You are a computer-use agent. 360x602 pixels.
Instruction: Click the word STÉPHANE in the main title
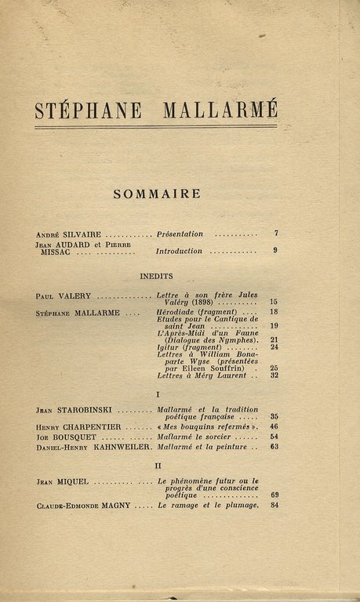click(x=88, y=111)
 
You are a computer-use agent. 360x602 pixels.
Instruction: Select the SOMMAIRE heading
click(x=157, y=194)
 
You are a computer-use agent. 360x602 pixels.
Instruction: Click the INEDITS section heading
click(x=157, y=276)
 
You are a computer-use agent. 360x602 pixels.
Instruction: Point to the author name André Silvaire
click(x=69, y=234)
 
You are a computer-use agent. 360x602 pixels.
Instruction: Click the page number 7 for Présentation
click(x=275, y=234)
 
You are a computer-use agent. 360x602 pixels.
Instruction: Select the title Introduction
click(x=179, y=252)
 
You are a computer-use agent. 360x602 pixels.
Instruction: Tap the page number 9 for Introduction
click(x=275, y=251)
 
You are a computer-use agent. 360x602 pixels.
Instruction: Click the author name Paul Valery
click(x=64, y=297)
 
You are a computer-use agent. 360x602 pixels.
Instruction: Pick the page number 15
click(x=274, y=302)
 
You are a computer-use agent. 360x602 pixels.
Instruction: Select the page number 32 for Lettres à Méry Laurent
click(x=274, y=375)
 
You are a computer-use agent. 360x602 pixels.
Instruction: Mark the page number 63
click(x=275, y=447)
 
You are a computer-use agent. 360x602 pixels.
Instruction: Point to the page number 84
click(x=275, y=506)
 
